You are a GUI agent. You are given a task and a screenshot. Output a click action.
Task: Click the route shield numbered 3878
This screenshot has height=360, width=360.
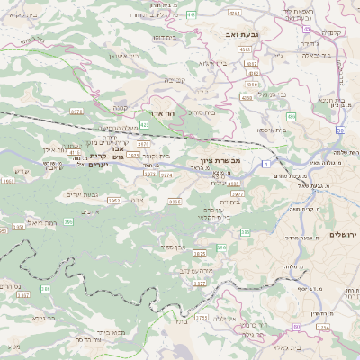tap(76, 112)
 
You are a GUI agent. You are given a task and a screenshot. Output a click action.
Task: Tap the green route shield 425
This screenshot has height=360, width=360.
tap(144, 124)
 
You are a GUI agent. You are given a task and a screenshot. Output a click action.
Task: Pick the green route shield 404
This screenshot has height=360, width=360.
tap(291, 116)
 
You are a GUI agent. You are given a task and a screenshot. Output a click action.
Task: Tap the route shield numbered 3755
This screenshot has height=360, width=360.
tap(201, 318)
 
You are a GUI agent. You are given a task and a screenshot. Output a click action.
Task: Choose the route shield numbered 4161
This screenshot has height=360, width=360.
tap(235, 13)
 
